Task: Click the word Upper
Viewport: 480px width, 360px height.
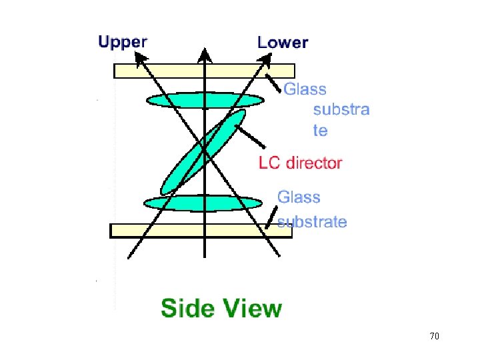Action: [x=123, y=41]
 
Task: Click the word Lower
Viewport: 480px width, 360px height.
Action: [x=283, y=43]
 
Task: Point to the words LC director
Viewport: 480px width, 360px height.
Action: [x=300, y=162]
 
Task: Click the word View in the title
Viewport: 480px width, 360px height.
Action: [x=254, y=309]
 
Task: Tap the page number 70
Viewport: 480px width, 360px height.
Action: [x=434, y=336]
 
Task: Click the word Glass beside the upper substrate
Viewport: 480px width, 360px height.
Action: [x=305, y=89]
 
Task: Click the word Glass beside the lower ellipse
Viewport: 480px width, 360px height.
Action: [x=299, y=197]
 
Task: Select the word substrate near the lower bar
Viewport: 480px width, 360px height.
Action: [x=312, y=222]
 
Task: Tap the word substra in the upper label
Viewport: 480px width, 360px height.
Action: [x=341, y=109]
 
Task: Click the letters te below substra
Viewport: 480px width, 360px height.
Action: [x=321, y=131]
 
